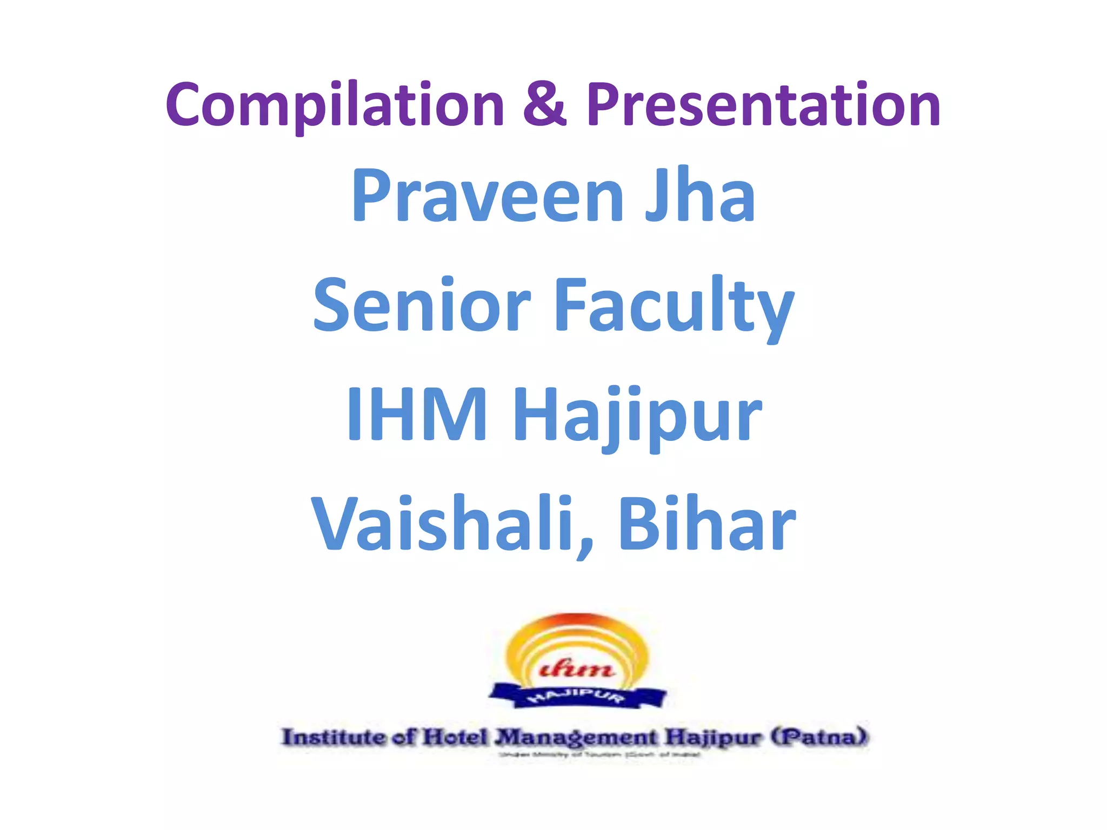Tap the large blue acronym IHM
[417, 414]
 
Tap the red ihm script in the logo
[577, 670]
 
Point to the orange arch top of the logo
[577, 621]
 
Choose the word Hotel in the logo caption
[455, 737]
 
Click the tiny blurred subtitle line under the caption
[600, 755]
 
